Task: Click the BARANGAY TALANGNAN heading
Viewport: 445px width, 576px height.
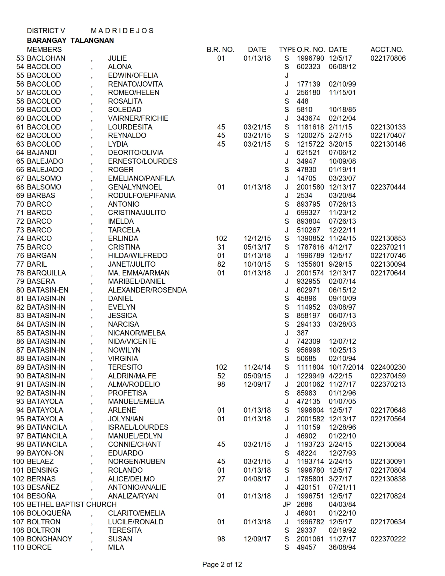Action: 70,40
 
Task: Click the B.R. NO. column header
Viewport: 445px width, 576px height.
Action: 220,50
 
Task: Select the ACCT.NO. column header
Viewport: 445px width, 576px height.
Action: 387,50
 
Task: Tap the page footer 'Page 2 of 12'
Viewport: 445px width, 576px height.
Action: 222,564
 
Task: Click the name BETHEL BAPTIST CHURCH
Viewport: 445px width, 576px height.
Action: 72,504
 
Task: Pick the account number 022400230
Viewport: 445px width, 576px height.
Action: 388,367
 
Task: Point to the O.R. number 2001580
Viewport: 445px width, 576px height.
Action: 310,187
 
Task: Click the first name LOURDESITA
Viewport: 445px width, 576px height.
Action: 130,127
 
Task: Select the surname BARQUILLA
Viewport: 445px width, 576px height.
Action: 46,273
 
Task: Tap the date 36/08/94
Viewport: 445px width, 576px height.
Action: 342,547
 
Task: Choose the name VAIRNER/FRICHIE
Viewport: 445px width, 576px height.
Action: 138,118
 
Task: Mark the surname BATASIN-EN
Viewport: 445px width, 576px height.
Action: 47,290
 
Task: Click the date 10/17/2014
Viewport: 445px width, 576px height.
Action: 346,367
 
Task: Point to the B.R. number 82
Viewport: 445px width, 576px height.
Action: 221,264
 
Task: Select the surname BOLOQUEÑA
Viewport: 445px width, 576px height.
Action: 49,513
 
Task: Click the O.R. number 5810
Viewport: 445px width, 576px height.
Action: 304,110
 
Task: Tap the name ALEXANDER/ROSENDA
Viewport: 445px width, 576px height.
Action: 147,290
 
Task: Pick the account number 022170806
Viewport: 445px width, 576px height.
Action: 388,58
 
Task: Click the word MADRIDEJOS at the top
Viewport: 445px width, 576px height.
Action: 122,31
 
